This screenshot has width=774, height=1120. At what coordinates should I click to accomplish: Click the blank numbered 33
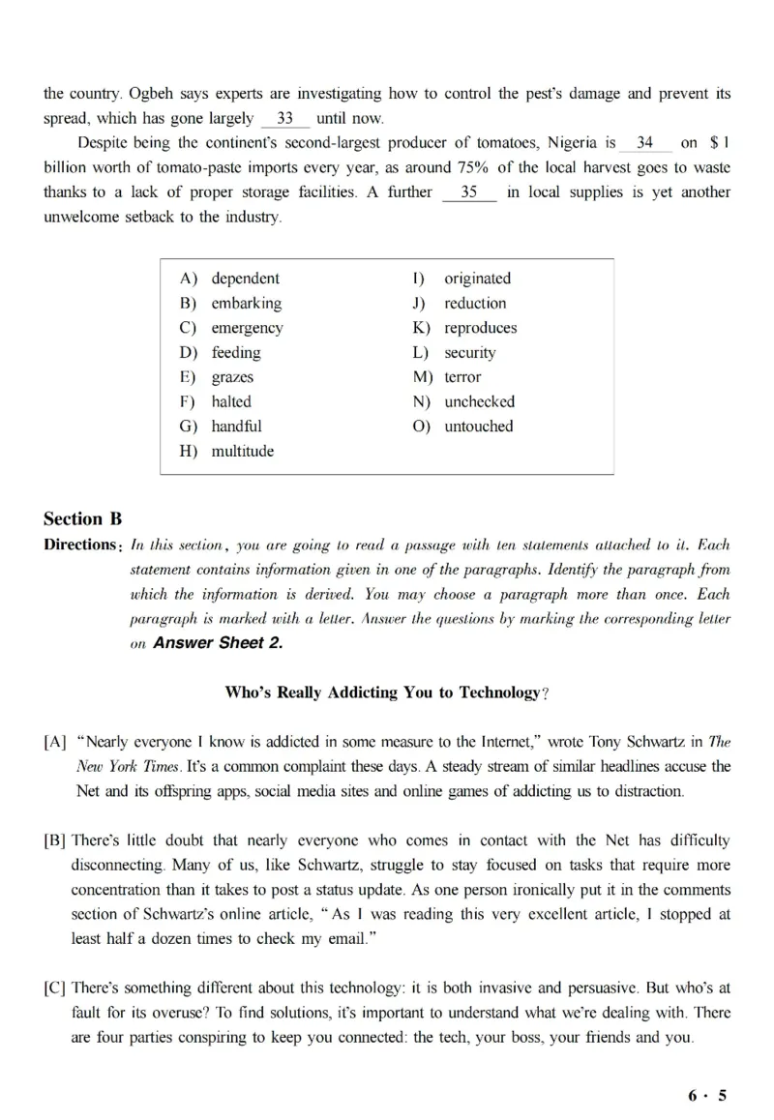[285, 120]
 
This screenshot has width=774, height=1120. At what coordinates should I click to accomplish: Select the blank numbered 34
[645, 143]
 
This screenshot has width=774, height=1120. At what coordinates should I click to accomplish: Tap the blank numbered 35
[469, 192]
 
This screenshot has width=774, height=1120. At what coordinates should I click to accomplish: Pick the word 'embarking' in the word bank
[247, 303]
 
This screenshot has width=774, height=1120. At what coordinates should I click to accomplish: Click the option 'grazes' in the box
[232, 377]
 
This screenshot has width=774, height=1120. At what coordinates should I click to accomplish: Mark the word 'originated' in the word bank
[477, 279]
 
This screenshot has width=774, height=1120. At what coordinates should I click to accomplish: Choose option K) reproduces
[480, 328]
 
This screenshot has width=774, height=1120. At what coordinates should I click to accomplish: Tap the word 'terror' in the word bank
[462, 377]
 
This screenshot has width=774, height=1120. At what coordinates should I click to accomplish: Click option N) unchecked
[479, 401]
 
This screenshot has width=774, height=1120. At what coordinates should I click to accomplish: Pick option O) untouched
[478, 427]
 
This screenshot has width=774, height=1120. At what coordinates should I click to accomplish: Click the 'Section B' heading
[83, 518]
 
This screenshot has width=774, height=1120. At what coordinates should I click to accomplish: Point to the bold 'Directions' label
[80, 545]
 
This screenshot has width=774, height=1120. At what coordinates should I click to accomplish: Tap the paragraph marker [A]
[55, 743]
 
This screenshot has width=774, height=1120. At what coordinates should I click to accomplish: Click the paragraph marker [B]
[55, 841]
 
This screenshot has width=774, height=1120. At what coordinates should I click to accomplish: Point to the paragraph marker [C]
[55, 988]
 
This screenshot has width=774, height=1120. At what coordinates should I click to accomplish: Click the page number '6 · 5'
[707, 1096]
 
